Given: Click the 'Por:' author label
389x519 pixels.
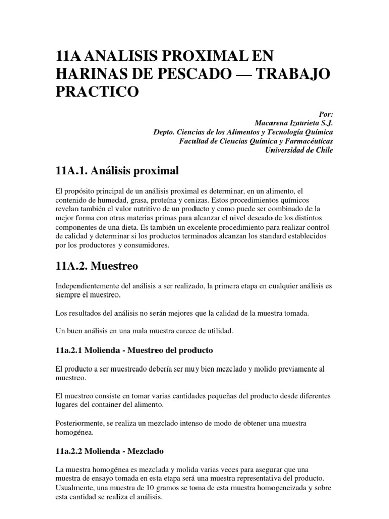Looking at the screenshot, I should pyautogui.click(x=325, y=115).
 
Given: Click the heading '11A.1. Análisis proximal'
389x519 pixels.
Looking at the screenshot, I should pyautogui.click(x=118, y=171).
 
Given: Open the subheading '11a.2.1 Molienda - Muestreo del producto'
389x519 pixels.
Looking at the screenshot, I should pyautogui.click(x=134, y=350).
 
